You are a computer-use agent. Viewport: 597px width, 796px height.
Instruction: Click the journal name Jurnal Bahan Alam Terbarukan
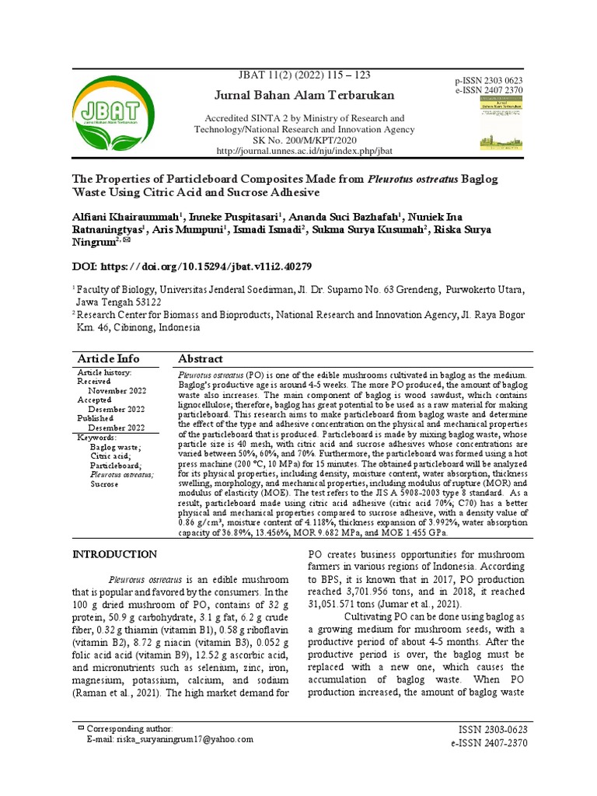click(x=304, y=95)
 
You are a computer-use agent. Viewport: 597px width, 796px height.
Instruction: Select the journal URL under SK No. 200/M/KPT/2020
click(x=304, y=150)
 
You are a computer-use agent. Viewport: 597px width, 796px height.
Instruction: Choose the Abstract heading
click(x=201, y=358)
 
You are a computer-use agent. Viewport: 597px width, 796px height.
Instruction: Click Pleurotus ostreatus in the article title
click(x=412, y=179)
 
